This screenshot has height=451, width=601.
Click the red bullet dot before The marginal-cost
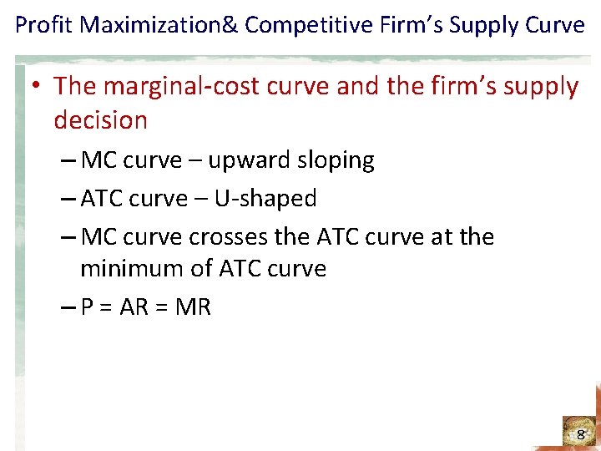click(x=39, y=86)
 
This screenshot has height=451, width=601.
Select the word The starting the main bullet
click(x=77, y=86)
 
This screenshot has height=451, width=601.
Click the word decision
click(x=100, y=119)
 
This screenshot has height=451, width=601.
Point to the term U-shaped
click(x=265, y=199)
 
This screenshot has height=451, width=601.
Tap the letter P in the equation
click(x=88, y=307)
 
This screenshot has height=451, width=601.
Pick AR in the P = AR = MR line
click(x=134, y=307)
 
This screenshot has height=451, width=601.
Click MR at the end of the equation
click(x=194, y=307)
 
